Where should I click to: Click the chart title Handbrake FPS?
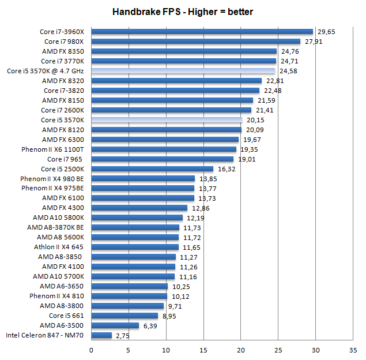(182, 12)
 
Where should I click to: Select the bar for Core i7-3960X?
(202, 32)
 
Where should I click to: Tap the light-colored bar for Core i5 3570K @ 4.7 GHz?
(183, 71)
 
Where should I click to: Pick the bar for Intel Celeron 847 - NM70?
(101, 335)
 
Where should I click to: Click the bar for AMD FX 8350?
(184, 51)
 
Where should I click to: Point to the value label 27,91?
(313, 42)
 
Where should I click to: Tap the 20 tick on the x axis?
(241, 350)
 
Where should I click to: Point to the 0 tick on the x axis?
(91, 350)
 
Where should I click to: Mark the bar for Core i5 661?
(124, 316)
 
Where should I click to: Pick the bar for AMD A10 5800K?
(137, 217)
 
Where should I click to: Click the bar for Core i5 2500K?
(152, 169)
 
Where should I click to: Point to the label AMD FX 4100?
(63, 267)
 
